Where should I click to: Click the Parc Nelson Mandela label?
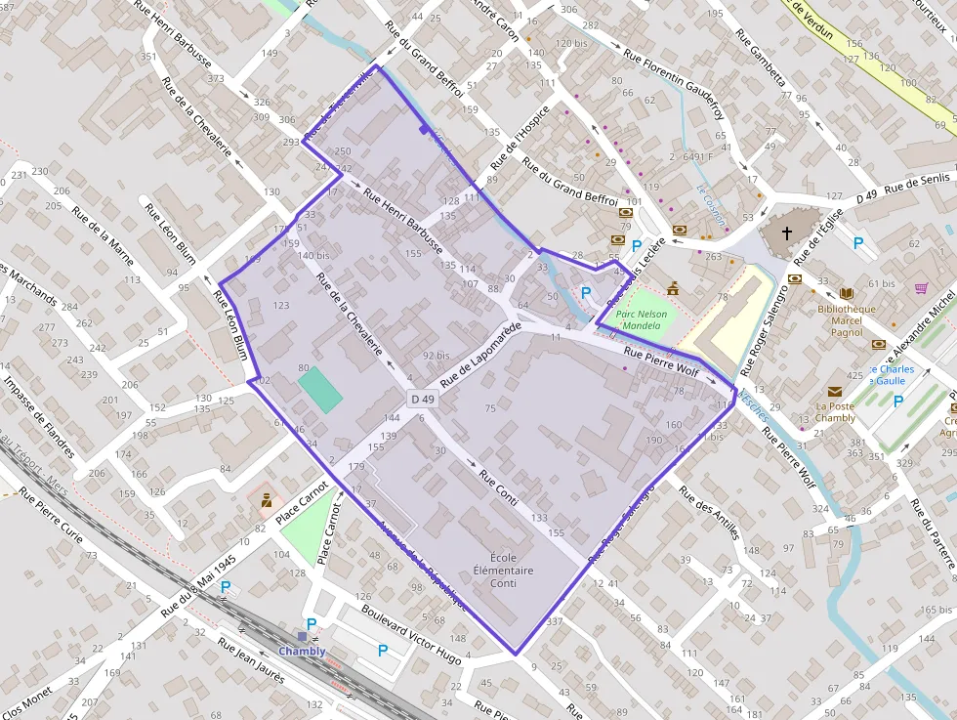pyautogui.click(x=642, y=319)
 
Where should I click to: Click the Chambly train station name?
pyautogui.click(x=302, y=651)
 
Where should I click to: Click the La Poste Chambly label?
pyautogui.click(x=835, y=412)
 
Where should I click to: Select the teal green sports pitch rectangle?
pyautogui.click(x=320, y=389)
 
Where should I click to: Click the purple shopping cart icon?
pyautogui.click(x=921, y=288)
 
